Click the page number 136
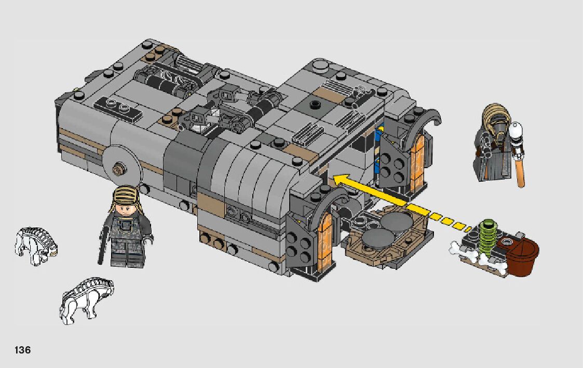pyautogui.click(x=23, y=350)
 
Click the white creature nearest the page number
pyautogui.click(x=86, y=299)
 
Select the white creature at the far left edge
pyautogui.click(x=36, y=246)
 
